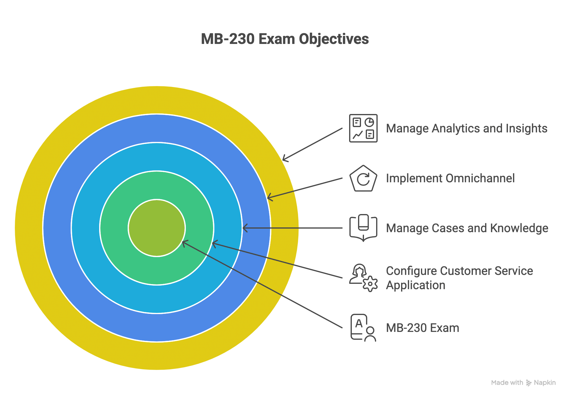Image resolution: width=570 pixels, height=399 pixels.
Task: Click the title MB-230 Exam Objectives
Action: pos(285,39)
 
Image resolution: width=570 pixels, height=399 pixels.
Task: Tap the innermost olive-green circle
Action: pos(157,228)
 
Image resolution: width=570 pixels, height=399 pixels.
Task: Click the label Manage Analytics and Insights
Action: pos(466,128)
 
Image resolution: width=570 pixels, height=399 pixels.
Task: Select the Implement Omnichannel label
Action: pos(450,178)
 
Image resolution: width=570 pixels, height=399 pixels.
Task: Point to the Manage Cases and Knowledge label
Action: pos(467,228)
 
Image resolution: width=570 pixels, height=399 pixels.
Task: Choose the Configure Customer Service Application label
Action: pos(459,278)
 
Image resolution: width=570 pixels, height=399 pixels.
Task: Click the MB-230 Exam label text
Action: pos(422,328)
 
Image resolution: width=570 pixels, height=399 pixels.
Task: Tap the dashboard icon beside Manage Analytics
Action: pos(363,128)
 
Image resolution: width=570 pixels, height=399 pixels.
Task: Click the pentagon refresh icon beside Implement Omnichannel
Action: pos(363,178)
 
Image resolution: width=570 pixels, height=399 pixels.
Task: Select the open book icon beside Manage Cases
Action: pos(363,228)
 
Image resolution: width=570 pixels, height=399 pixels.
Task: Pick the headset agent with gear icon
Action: pos(363,278)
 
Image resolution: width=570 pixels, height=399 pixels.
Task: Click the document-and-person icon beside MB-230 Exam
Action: pos(363,328)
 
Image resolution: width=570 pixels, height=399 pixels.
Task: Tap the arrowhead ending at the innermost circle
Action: pos(184,243)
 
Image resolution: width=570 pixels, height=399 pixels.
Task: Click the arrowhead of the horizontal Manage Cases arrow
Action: pos(244,228)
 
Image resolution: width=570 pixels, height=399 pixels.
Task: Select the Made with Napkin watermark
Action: pos(523,383)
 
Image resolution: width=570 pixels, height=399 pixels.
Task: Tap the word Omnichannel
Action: pos(480,178)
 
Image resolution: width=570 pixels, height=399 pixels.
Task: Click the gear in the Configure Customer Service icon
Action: pos(370,284)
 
